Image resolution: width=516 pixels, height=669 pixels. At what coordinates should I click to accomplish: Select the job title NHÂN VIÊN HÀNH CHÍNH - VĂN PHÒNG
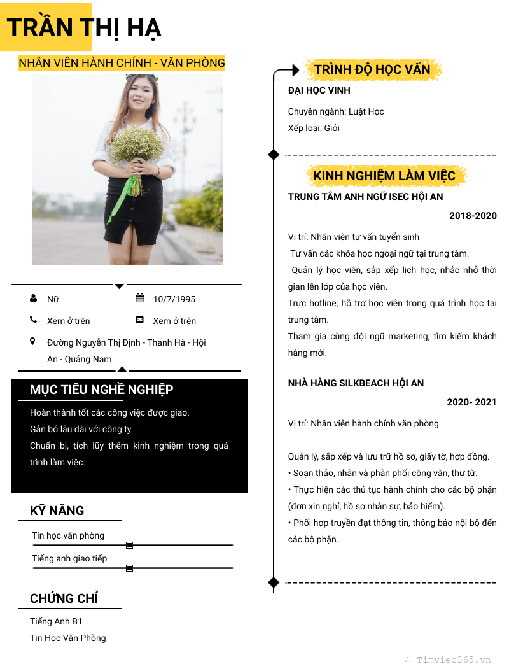(122, 62)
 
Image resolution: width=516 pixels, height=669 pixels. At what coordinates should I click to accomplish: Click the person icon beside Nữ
(33, 298)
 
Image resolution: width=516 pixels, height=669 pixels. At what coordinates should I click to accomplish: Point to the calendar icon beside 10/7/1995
(140, 298)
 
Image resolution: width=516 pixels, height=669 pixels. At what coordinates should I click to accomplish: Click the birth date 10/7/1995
(174, 299)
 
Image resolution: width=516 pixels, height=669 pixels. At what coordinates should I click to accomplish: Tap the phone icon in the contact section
(33, 320)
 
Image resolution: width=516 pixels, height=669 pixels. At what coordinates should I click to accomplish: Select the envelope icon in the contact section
(140, 320)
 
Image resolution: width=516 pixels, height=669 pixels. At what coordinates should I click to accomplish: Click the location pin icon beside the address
(33, 342)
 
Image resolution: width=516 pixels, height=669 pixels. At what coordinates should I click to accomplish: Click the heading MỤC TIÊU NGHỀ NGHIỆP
(101, 390)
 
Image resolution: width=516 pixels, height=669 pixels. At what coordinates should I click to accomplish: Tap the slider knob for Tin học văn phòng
(129, 545)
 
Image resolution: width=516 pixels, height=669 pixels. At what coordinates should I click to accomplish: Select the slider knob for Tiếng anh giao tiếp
(129, 568)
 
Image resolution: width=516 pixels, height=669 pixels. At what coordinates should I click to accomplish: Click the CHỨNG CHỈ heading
(64, 598)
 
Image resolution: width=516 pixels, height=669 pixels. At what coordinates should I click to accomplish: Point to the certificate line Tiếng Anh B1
(56, 621)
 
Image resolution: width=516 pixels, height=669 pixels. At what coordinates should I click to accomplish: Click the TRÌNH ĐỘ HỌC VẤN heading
(372, 69)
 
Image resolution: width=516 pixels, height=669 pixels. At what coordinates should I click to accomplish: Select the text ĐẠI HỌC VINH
(319, 90)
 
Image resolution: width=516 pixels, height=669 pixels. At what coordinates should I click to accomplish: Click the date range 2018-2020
(473, 216)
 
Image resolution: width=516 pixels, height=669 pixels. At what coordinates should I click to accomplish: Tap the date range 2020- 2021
(471, 402)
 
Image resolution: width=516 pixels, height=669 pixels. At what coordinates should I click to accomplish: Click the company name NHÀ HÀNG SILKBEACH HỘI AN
(356, 383)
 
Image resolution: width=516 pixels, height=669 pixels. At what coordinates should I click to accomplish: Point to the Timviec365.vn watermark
(454, 659)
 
